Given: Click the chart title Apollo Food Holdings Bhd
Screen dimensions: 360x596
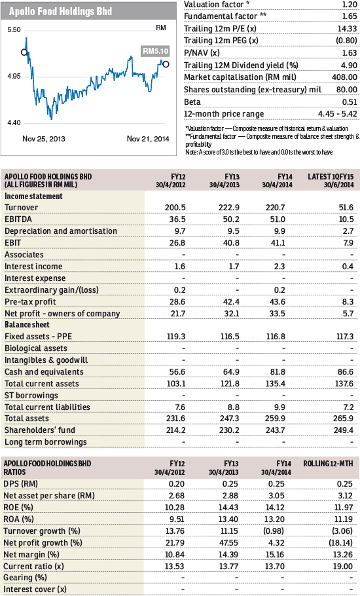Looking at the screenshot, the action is point(60,11).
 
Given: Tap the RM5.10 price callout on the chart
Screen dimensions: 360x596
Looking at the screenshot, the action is point(155,51).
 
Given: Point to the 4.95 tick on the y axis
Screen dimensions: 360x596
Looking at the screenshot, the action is point(14,77).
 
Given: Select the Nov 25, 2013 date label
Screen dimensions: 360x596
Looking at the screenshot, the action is point(44,139).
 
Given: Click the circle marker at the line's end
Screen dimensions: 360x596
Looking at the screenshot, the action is point(166,64).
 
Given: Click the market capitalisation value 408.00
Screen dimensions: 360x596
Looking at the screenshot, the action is point(344,77).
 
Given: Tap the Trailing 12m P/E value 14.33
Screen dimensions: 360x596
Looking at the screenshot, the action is point(347,29).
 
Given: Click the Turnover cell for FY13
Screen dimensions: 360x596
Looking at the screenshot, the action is point(228,208).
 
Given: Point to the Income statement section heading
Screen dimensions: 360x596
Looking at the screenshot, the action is point(33,196).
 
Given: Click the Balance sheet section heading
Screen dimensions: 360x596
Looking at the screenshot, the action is point(27,325).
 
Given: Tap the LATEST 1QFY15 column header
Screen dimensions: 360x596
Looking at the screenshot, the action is point(331,181).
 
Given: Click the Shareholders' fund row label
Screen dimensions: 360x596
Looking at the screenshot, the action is point(40,430).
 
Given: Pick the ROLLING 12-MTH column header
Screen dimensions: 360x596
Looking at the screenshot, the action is point(328,464).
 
